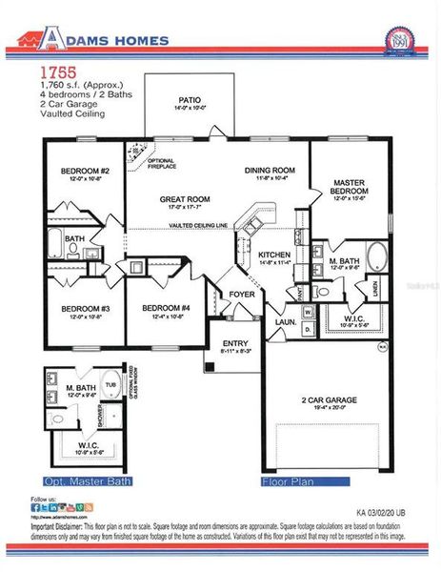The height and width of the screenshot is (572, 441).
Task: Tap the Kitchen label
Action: coord(273,255)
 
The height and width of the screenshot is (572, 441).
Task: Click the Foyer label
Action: coord(242,295)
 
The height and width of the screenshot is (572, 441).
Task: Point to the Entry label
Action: coord(233,343)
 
